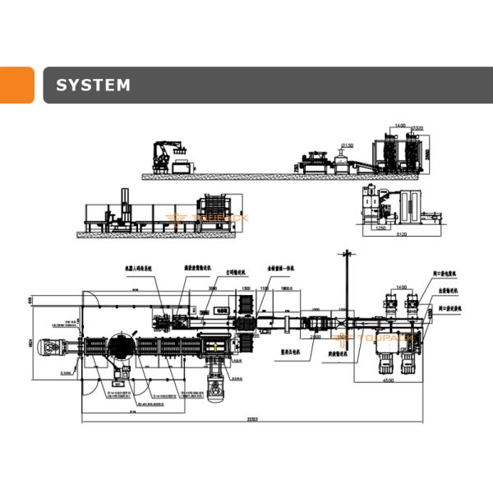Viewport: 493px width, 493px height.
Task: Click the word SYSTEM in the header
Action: (x=92, y=85)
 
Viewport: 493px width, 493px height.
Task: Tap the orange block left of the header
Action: (x=16, y=85)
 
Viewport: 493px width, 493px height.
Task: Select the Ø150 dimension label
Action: (x=348, y=145)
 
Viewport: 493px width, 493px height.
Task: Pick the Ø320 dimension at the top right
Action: (x=417, y=128)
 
